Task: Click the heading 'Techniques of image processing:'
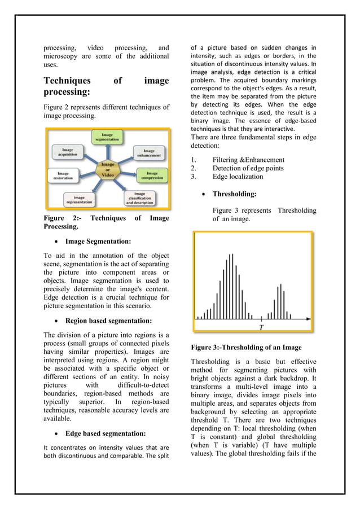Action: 106,86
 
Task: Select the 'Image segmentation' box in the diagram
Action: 106,138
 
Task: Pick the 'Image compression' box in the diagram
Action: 152,175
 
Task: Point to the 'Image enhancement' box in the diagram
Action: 149,153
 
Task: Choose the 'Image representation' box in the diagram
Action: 79,200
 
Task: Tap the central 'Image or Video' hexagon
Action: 107,169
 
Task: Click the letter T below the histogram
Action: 261,328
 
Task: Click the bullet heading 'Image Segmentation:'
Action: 98,242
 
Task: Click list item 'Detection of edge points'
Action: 248,168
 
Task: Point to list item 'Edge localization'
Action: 238,176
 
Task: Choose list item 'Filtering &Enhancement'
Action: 248,160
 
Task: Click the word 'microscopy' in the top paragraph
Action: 63,57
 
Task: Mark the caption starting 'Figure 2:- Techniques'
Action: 106,222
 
